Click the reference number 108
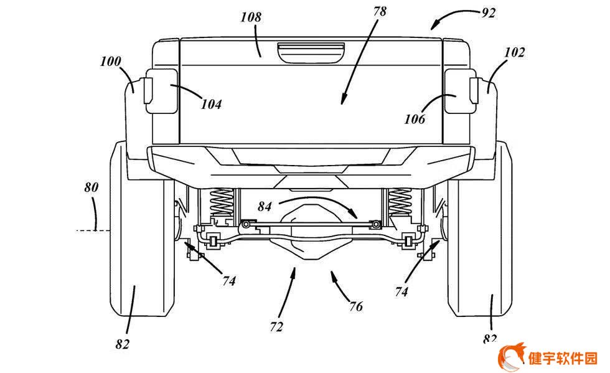(x=251, y=17)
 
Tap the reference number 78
(x=380, y=11)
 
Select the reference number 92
(x=489, y=13)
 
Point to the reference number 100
(x=111, y=61)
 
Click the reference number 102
(x=514, y=52)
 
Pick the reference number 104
(x=211, y=104)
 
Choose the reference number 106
(x=415, y=119)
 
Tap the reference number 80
(x=91, y=187)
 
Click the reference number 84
(x=265, y=206)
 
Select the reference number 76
(x=355, y=306)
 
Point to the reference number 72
(x=276, y=327)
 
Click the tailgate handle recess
(x=311, y=53)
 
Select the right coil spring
(x=400, y=202)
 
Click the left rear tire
(x=143, y=229)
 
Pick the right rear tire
(x=480, y=229)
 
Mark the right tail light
(x=461, y=91)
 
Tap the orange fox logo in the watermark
(x=511, y=357)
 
